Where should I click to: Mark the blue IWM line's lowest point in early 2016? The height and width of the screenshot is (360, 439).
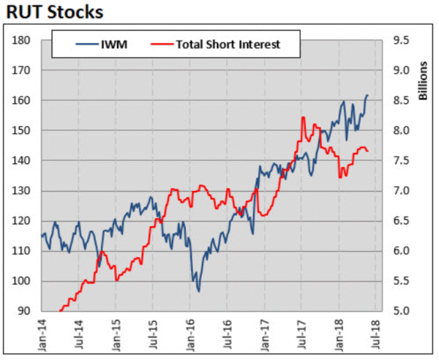[x=198, y=291]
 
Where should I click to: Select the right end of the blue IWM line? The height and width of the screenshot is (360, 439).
[x=367, y=95]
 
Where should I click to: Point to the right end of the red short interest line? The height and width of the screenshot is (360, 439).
[x=367, y=151]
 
